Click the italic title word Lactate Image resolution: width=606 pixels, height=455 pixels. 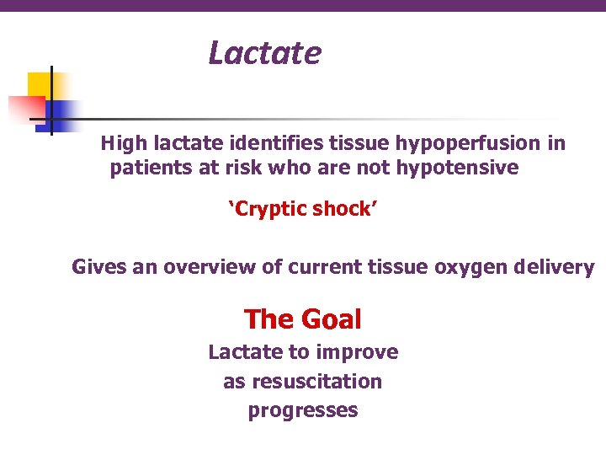[264, 53]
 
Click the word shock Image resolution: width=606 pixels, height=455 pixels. [344, 209]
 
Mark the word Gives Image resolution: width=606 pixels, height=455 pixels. [97, 267]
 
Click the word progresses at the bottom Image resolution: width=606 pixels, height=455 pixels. [303, 411]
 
